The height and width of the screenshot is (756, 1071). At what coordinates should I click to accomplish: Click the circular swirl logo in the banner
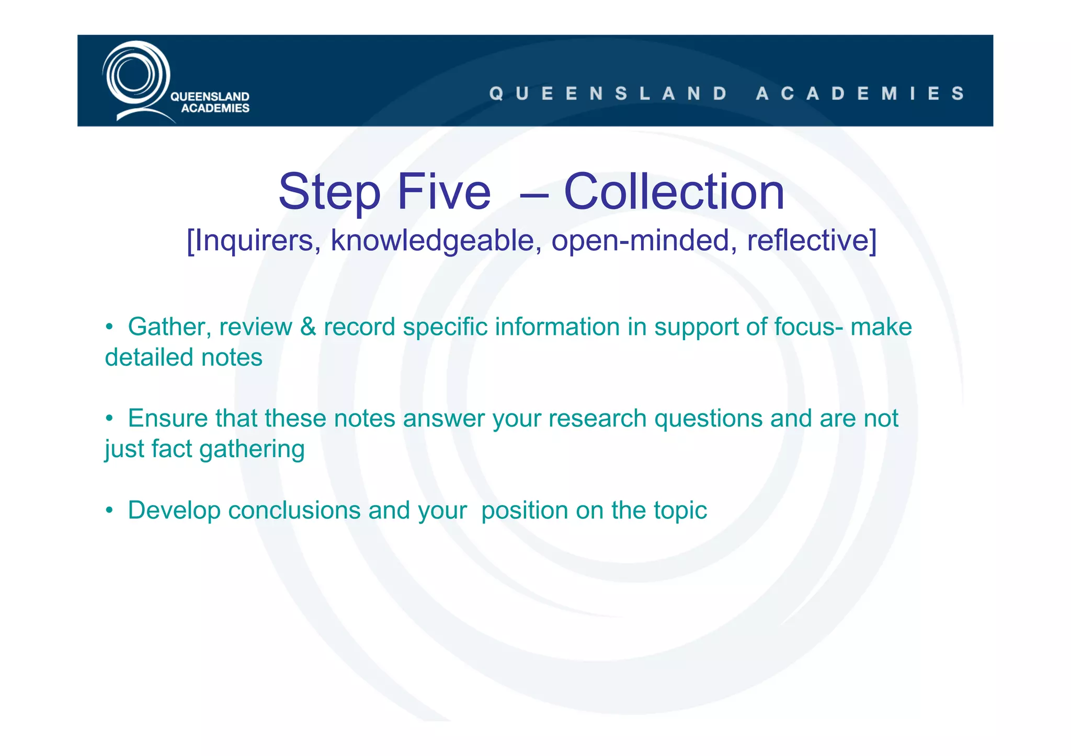pyautogui.click(x=135, y=76)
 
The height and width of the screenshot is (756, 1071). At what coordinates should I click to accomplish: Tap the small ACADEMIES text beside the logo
pyautogui.click(x=215, y=108)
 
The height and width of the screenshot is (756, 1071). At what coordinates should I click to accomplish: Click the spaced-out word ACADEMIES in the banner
pyautogui.click(x=860, y=94)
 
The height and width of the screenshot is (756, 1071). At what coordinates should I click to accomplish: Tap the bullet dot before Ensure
pyautogui.click(x=109, y=418)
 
